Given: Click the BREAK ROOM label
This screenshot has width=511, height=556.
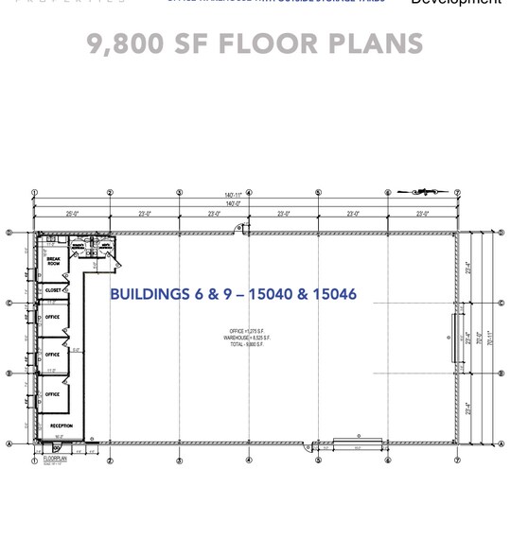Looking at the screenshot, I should pos(54,262).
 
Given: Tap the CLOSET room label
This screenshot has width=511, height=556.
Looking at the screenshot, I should pos(54,290).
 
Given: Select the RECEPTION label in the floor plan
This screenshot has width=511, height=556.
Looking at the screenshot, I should pos(61,426).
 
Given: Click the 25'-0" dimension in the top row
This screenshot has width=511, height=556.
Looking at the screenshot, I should pos(73,215).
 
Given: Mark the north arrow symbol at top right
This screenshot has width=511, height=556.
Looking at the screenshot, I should pos(417,192).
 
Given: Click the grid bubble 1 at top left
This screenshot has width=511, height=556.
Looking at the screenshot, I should pos(35,193).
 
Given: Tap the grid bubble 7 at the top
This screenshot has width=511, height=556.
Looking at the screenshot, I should pos(457,193).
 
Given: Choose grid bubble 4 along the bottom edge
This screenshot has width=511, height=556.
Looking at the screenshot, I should pos(249,460).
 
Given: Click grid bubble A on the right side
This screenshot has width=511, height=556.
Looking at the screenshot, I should pos(502,443).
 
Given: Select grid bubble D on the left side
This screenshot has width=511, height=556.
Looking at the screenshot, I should pos(9,233).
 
